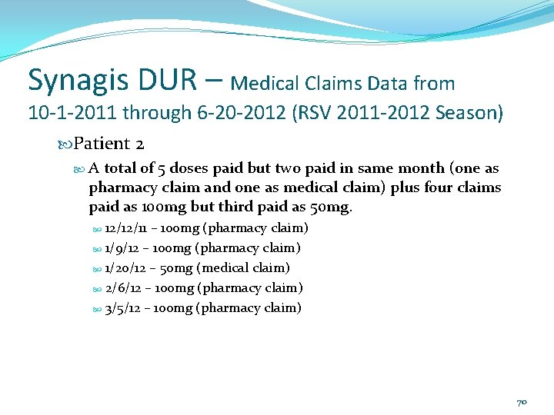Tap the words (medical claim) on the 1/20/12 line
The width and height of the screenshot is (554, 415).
click(243, 268)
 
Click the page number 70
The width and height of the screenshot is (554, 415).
click(521, 402)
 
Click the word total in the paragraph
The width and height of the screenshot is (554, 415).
click(125, 168)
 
